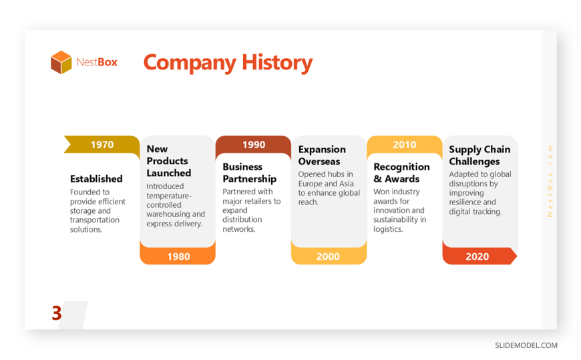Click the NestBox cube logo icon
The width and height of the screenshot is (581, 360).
(x=61, y=62)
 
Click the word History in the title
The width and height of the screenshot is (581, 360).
(x=277, y=63)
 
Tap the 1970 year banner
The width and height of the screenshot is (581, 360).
(x=102, y=144)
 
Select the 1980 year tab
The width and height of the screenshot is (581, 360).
(x=178, y=256)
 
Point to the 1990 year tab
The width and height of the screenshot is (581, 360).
(x=254, y=144)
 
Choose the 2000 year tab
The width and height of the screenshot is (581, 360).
(x=329, y=256)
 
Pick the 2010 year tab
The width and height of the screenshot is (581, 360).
(x=405, y=144)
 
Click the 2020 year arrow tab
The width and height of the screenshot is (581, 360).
(x=479, y=256)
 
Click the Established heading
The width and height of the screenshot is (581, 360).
(x=96, y=179)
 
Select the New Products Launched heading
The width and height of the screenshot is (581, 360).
(x=169, y=161)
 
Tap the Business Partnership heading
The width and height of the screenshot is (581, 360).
(x=249, y=173)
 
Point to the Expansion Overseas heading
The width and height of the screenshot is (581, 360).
(x=322, y=156)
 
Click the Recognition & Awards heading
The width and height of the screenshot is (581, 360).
(x=401, y=173)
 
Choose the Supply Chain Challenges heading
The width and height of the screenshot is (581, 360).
(x=479, y=156)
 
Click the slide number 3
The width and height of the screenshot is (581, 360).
(x=57, y=313)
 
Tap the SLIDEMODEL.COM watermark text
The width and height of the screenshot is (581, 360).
(x=526, y=345)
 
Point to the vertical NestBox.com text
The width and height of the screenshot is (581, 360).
(x=550, y=181)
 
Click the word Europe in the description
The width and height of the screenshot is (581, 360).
(x=310, y=184)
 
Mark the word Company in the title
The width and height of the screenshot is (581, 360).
(x=190, y=63)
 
